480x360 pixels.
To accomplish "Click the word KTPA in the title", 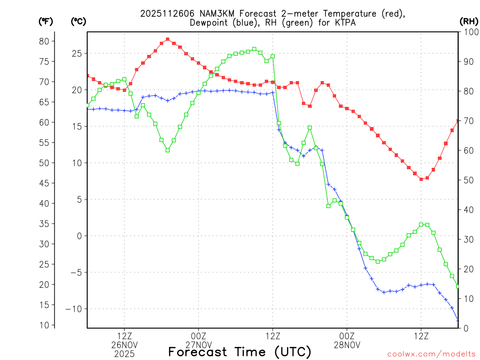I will (x=345, y=22).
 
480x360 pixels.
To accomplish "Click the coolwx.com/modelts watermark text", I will (x=431, y=354).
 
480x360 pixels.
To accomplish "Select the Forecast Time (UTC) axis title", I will (x=240, y=351).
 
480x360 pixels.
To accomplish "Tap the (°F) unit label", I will (x=46, y=21).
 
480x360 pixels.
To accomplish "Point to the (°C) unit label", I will (x=79, y=21).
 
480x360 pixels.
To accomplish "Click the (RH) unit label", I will (x=469, y=21).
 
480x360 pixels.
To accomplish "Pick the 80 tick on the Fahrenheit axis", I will (x=44, y=41).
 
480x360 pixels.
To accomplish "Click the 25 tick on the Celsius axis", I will (x=77, y=53).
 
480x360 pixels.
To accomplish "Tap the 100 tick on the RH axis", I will (x=469, y=32).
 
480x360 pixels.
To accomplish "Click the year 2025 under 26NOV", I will (x=124, y=354).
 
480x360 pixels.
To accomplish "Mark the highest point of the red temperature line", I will (x=167, y=39).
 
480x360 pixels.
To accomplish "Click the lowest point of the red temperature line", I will (x=421, y=179).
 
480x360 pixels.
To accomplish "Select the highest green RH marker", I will (x=254, y=49).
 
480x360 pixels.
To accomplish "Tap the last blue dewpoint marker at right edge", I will (x=458, y=321).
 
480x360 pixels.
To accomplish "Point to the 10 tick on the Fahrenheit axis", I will (x=44, y=325).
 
